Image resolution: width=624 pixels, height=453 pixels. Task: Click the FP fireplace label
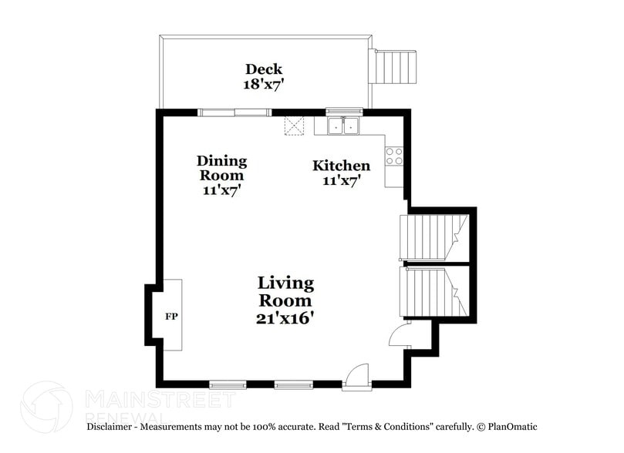(x=171, y=316)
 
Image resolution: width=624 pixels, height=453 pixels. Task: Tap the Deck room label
(x=263, y=69)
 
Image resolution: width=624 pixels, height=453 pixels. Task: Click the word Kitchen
(x=341, y=166)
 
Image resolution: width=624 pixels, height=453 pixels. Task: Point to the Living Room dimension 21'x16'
(x=285, y=317)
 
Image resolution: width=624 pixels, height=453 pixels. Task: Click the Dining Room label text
(x=221, y=168)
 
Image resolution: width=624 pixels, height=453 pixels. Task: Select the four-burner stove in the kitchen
(x=393, y=156)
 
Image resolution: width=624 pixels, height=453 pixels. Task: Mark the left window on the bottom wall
(x=228, y=383)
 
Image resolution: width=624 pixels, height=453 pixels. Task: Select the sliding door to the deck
(x=234, y=112)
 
